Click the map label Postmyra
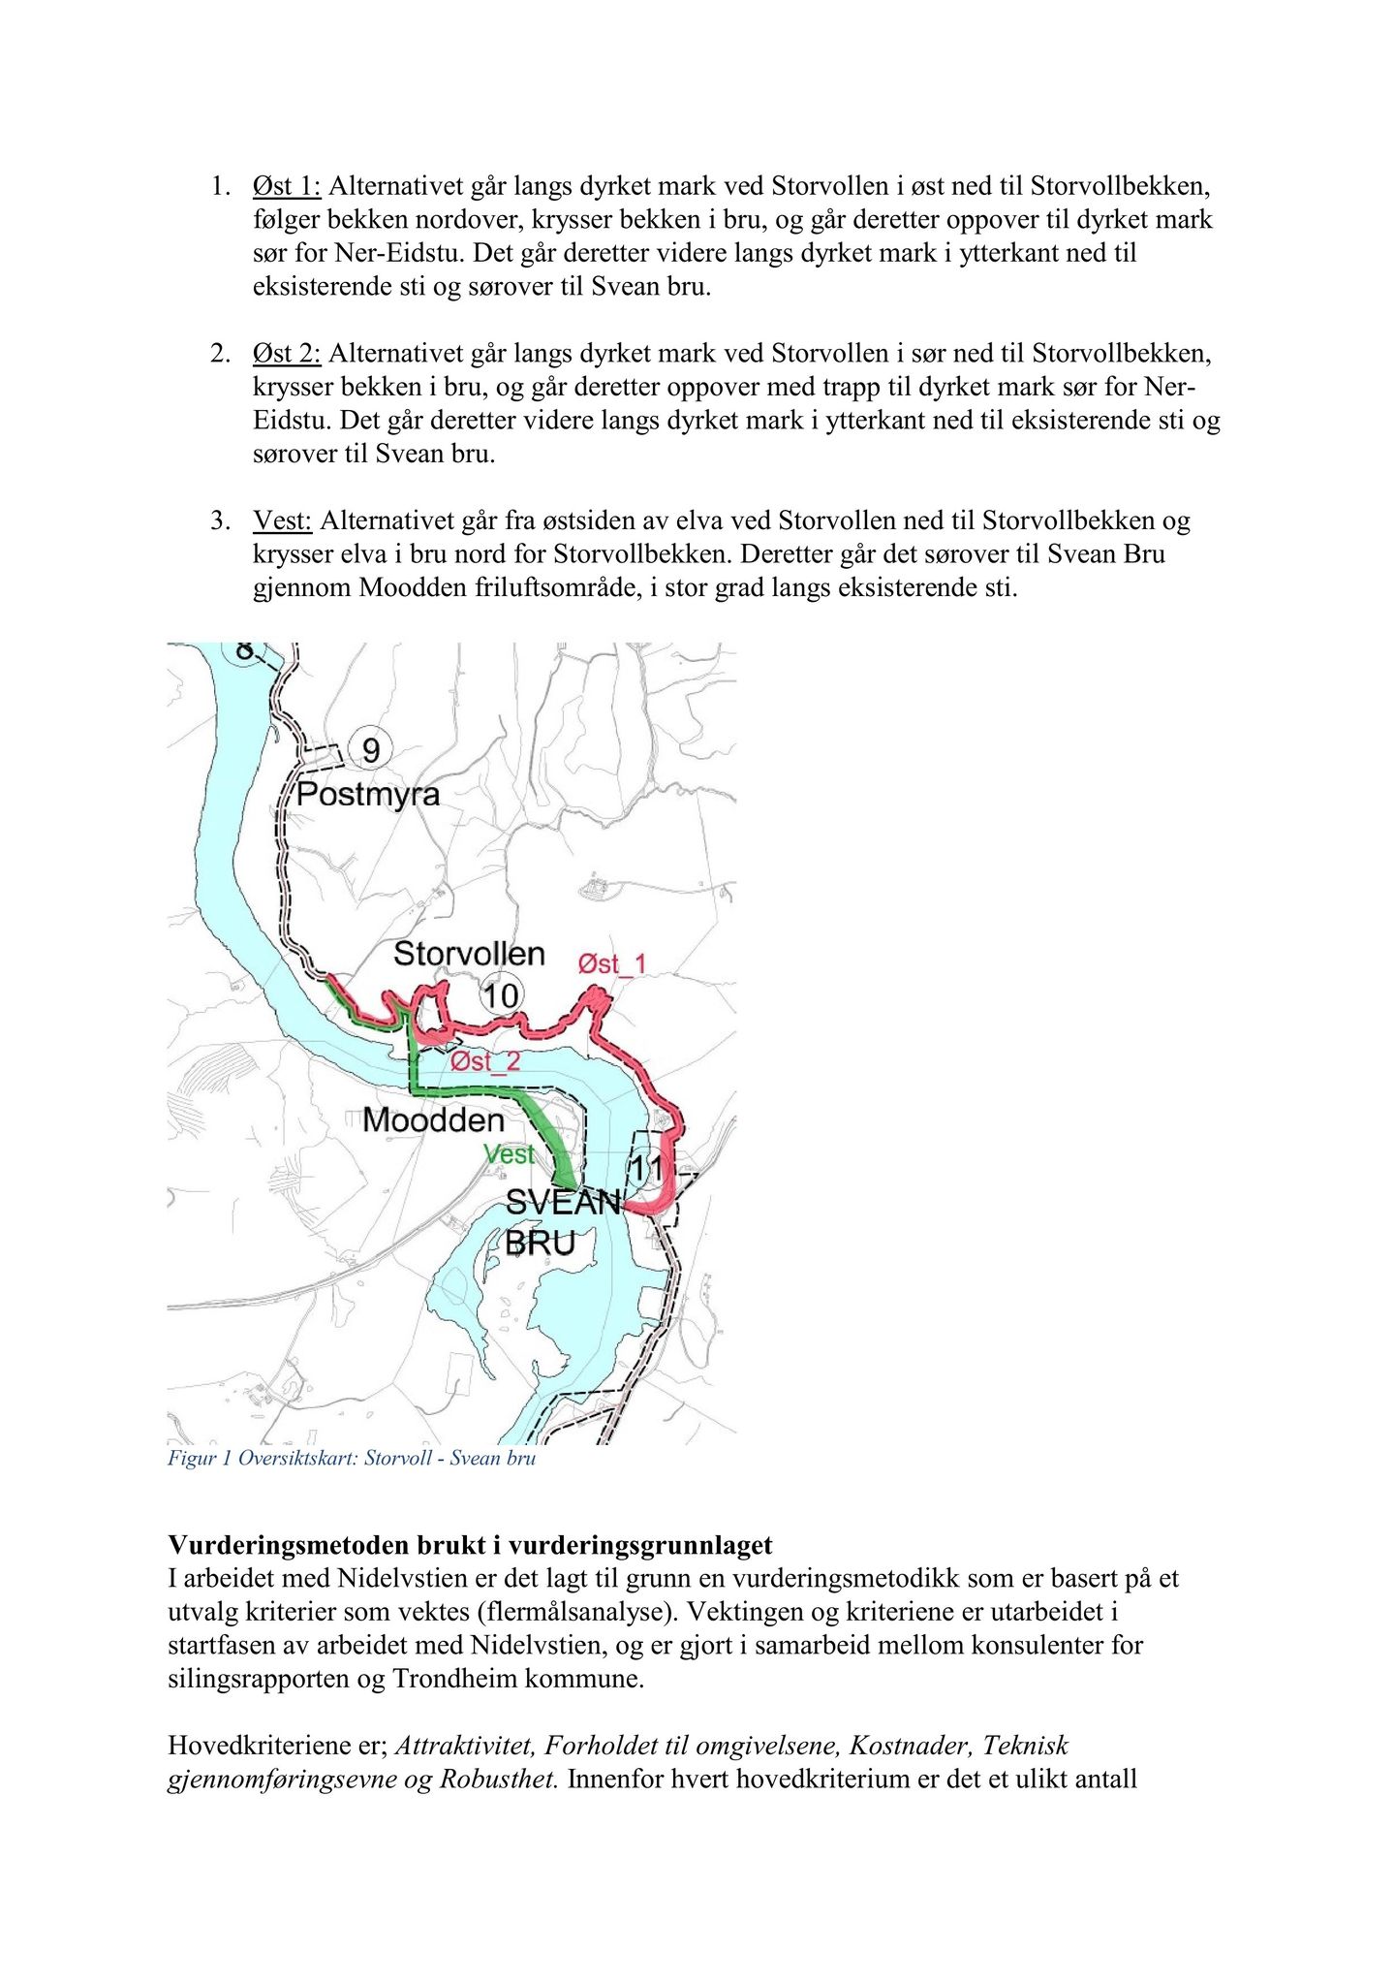[367, 795]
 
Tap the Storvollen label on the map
[469, 954]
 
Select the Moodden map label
[433, 1120]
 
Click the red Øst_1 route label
[611, 964]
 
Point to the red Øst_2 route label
[485, 1062]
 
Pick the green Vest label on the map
[509, 1154]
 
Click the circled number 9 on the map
[370, 750]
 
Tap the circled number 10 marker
[501, 995]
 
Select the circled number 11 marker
[646, 1168]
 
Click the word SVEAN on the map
[563, 1203]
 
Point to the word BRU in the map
[541, 1243]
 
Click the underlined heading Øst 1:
[286, 186]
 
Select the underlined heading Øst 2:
[286, 354]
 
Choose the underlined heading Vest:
[282, 521]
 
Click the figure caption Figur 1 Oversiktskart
[351, 1459]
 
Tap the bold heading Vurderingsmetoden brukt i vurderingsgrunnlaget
[470, 1545]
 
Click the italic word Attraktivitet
[465, 1746]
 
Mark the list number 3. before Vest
[220, 521]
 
